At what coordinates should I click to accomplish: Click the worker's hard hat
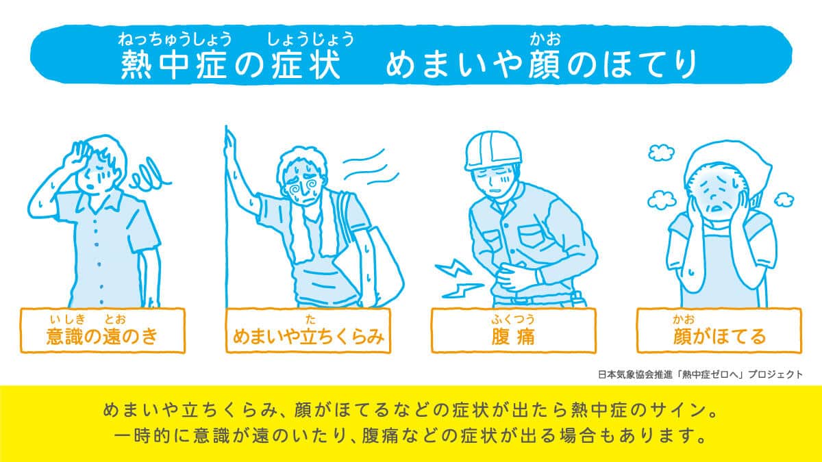[x=492, y=150]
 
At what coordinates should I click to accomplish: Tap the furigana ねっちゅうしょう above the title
[x=175, y=39]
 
